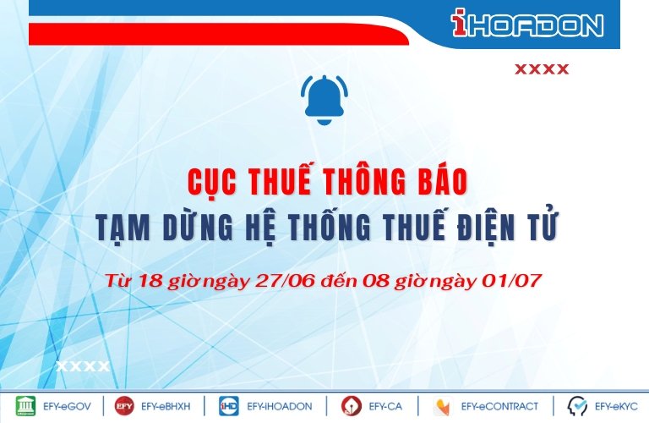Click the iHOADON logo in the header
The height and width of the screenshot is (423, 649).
tap(527, 23)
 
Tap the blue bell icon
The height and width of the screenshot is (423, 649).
tap(324, 100)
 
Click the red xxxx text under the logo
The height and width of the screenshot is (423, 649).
tap(542, 69)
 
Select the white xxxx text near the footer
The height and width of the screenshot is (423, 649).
tap(83, 366)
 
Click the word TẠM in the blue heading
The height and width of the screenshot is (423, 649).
tap(123, 228)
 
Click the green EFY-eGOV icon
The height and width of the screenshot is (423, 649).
tap(25, 406)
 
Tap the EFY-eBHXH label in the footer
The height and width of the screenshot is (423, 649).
tap(166, 406)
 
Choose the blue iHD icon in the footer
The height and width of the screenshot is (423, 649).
tap(229, 406)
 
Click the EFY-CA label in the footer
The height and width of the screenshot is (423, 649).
tap(385, 406)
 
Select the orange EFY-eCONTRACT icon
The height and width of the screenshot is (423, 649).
tap(444, 406)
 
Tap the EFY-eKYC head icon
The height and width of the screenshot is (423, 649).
tap(577, 406)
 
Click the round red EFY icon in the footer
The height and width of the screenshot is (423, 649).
tap(124, 406)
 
